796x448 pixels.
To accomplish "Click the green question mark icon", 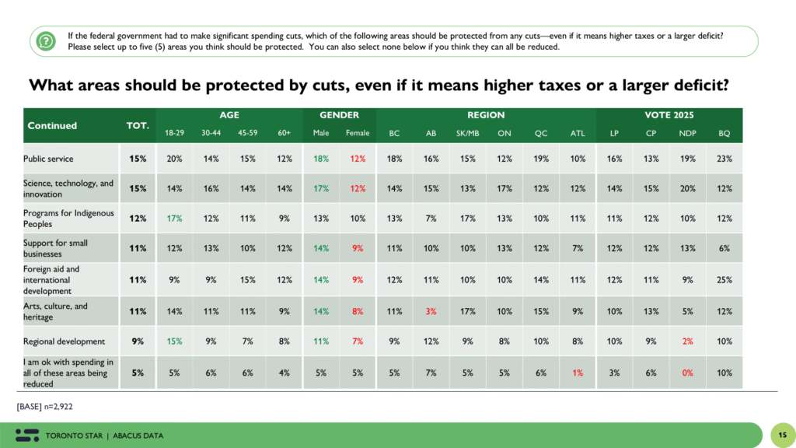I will tap(47, 40).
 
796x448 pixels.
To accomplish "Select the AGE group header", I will tap(229, 115).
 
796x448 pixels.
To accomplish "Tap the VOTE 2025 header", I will tap(669, 115).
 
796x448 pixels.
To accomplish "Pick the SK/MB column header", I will tap(467, 133).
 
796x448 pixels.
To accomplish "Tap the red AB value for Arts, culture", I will tap(431, 311).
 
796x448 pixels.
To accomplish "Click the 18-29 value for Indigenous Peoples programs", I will tap(173, 219).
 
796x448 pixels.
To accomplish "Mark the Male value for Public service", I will tap(321, 159).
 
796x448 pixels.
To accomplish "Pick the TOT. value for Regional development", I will tap(138, 341).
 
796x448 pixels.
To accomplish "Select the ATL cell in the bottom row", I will tap(577, 373).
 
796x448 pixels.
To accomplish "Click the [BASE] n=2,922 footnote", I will tap(46, 406).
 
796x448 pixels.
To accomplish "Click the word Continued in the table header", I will tap(52, 125).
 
